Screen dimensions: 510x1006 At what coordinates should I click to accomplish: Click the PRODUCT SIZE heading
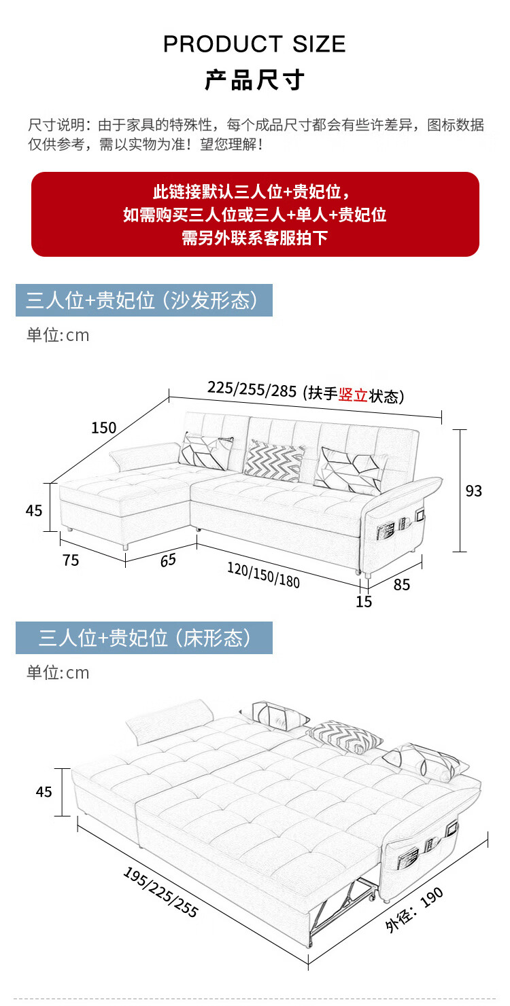tap(254, 45)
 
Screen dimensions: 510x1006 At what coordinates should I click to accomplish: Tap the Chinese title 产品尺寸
tap(254, 80)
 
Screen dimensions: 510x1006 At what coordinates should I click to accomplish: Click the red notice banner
tap(255, 214)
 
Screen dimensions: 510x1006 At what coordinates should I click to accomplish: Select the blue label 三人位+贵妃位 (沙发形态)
tap(143, 300)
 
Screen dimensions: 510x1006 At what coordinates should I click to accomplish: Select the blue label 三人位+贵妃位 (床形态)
tap(143, 638)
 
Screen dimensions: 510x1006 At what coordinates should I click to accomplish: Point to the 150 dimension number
tap(104, 427)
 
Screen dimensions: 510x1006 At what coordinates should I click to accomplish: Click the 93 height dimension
tap(473, 490)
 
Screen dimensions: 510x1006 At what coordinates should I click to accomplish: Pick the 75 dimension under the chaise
tap(71, 560)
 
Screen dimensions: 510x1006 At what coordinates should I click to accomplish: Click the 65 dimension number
tap(168, 560)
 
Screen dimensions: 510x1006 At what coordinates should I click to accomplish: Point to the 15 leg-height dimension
tap(364, 601)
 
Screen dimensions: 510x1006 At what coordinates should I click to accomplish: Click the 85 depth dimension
tap(402, 583)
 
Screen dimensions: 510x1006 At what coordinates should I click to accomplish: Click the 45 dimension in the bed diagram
tap(44, 791)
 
